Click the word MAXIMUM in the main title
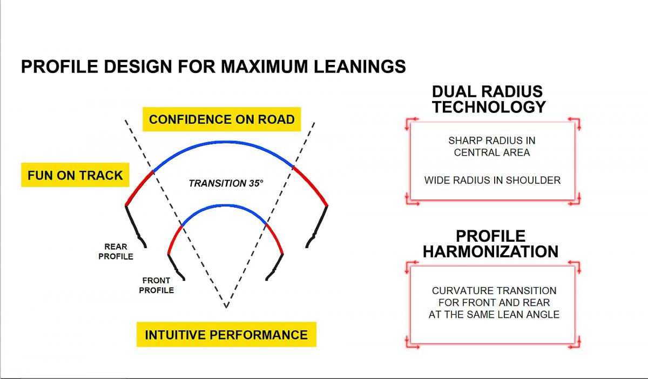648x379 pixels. tap(265, 67)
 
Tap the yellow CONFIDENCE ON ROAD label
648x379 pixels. tap(221, 119)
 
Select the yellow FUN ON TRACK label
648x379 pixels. tap(75, 175)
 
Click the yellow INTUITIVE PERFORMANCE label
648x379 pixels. tap(226, 335)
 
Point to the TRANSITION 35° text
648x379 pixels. tap(226, 183)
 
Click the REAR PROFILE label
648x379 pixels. tap(116, 251)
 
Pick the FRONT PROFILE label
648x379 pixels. tap(156, 285)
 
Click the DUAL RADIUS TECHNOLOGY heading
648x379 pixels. tap(489, 99)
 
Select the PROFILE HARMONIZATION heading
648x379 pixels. tap(491, 244)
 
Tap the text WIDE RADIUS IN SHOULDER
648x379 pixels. tap(492, 180)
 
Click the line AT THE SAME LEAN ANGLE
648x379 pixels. tap(494, 315)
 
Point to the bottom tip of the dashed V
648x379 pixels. tap(226, 307)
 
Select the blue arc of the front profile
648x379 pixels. tap(225, 205)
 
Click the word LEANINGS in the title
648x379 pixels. tap(360, 67)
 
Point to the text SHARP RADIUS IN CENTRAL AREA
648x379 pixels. tap(492, 147)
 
